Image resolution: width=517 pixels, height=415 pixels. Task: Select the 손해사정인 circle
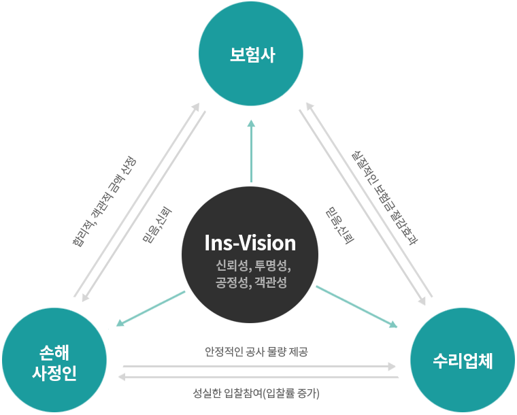point(55,361)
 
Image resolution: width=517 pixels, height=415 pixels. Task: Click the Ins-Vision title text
point(250,243)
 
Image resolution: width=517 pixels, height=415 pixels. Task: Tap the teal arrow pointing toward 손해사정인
point(150,308)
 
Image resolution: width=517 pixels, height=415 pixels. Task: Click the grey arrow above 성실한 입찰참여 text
point(258,376)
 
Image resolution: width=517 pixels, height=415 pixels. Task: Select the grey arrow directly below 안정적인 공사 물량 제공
point(258,366)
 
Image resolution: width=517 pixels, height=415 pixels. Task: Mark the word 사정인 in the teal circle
point(54,372)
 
